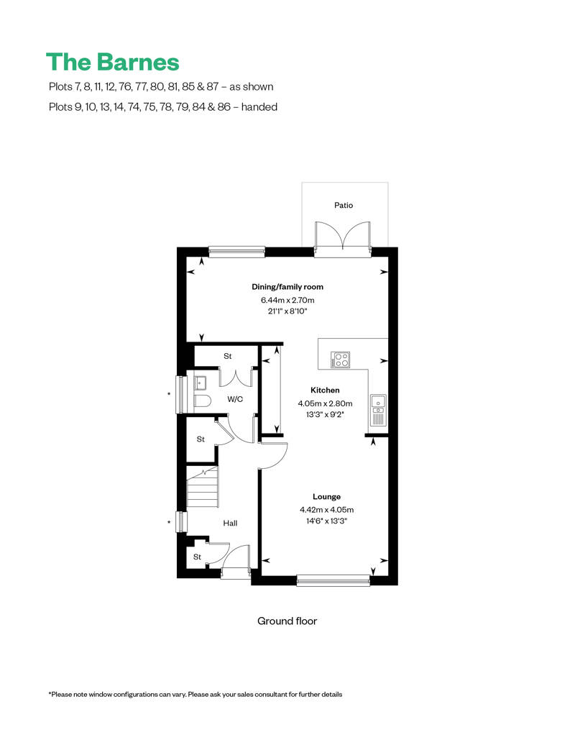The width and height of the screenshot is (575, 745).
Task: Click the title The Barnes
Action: (x=112, y=62)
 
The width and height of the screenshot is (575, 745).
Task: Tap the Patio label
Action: (x=344, y=205)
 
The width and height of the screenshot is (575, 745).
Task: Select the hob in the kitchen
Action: (x=339, y=360)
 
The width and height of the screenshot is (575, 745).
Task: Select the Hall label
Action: (x=230, y=524)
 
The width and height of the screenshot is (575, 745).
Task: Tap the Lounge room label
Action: (x=326, y=497)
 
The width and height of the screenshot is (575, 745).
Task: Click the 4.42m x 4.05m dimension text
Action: (x=326, y=510)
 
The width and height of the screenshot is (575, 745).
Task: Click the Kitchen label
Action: (x=325, y=390)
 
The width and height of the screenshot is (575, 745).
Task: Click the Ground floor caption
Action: (x=287, y=621)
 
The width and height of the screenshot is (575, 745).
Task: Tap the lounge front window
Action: (x=333, y=578)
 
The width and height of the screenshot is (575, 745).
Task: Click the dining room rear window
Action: (x=236, y=251)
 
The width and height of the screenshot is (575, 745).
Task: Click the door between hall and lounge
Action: (x=274, y=453)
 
